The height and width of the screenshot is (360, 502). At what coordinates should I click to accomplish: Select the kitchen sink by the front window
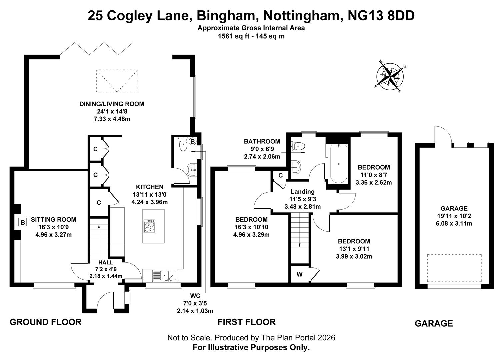[x=165, y=276]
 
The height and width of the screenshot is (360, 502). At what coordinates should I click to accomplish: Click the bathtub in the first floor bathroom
[x=338, y=164]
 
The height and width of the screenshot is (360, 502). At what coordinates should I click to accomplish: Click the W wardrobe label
[x=300, y=274]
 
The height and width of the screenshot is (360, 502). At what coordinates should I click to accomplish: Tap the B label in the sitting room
[x=23, y=222]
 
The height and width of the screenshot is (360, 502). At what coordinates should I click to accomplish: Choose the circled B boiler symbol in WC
[x=192, y=141]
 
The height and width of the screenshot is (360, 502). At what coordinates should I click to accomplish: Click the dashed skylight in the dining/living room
[x=117, y=81]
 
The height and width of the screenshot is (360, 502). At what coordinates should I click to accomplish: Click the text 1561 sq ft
[x=233, y=36]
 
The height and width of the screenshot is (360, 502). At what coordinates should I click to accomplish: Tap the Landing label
[x=302, y=192]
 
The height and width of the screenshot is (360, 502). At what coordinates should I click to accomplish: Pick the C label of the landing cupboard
[x=281, y=175]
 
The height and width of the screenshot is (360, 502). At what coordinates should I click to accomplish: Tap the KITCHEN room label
[x=150, y=187]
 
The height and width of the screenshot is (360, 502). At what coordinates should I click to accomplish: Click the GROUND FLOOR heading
[x=46, y=322]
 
